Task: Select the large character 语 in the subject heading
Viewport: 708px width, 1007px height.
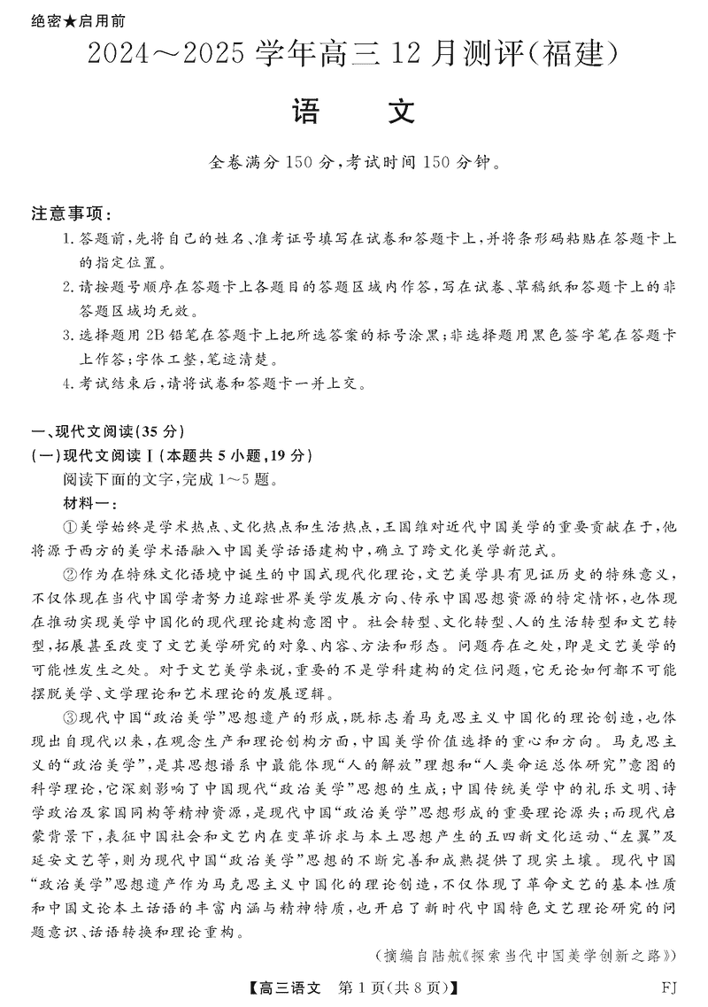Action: click(309, 112)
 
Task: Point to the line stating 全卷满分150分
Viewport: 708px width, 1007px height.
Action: click(354, 163)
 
